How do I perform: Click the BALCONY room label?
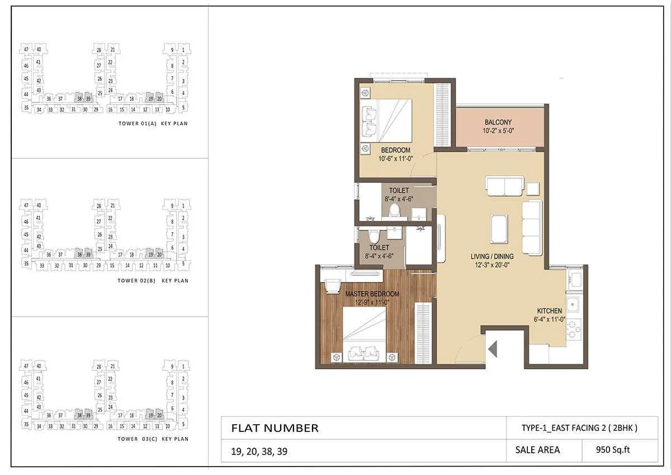pos(498,122)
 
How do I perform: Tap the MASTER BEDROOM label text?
pos(372,294)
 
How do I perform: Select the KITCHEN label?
pos(550,311)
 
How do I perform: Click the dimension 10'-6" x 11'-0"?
pos(395,159)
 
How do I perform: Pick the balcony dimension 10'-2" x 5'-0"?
pos(498,131)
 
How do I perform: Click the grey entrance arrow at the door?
pos(493,350)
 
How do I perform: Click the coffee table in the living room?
pos(500,227)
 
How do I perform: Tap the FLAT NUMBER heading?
pos(275,429)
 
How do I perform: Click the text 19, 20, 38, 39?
pos(259,450)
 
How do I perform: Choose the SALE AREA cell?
pos(537,450)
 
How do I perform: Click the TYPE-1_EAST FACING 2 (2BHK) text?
pos(579,428)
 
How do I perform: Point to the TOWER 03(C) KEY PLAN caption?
pos(153,439)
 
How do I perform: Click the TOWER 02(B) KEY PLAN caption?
pos(153,281)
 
